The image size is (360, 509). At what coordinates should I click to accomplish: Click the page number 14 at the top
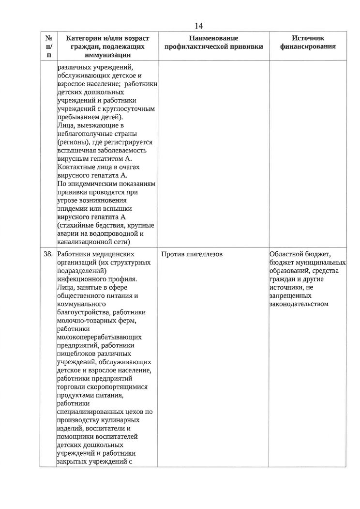click(199, 26)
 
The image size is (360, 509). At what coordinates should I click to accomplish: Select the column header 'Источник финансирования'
click(308, 43)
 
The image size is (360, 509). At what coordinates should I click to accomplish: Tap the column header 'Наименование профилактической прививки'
click(214, 43)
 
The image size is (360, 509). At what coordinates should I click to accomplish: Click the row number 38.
click(49, 254)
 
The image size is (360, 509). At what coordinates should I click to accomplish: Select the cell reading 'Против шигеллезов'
click(192, 254)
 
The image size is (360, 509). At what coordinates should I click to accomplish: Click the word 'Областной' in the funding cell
click(286, 254)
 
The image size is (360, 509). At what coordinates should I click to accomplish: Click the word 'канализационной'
click(83, 242)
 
